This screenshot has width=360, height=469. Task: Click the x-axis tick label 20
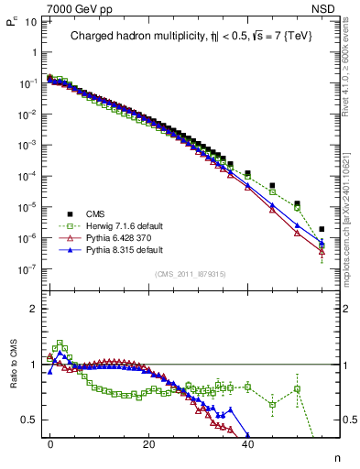coord(149,442)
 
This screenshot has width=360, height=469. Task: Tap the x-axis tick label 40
coord(247,442)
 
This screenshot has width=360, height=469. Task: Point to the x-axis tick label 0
coord(50,442)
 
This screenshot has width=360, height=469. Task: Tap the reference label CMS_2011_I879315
coord(191,274)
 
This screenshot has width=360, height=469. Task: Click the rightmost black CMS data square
coord(322,229)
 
